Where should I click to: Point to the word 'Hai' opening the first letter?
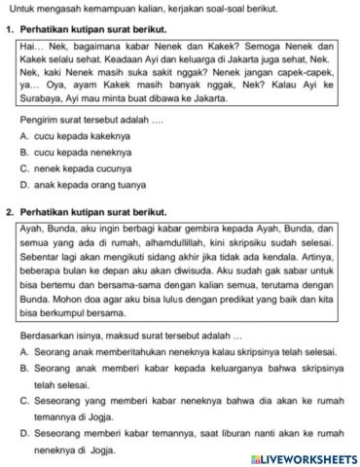(28, 46)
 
